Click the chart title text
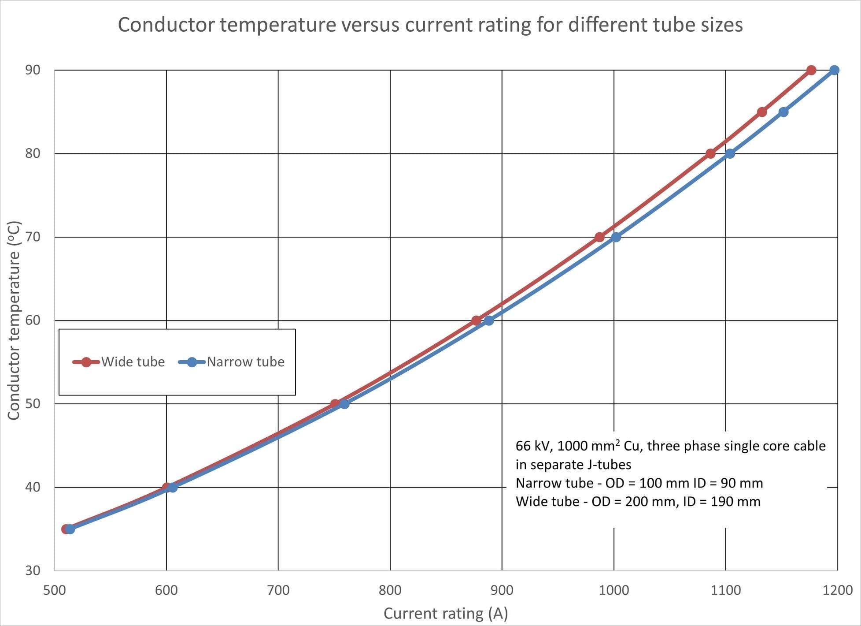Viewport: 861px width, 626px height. point(430,25)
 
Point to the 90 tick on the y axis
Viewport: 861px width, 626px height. point(33,70)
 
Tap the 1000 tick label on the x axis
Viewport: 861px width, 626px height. point(613,590)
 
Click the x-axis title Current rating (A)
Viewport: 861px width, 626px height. point(446,613)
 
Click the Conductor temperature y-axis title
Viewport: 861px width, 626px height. point(14,320)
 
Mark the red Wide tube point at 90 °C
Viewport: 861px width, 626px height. point(811,70)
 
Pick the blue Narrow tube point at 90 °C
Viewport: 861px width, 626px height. point(834,70)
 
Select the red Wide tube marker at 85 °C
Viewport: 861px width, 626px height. point(762,112)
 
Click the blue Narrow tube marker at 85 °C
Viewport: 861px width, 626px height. point(783,112)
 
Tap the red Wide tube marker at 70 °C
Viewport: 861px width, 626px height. point(599,237)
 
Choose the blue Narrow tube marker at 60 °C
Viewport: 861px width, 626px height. point(489,320)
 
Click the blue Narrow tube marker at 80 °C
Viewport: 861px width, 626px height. point(730,153)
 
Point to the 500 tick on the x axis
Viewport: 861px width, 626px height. point(55,590)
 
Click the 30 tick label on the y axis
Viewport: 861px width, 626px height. point(33,570)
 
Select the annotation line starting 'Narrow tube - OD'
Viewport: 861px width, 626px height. point(639,483)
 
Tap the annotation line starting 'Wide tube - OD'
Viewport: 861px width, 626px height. point(638,502)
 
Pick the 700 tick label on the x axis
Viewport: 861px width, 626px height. point(278,590)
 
